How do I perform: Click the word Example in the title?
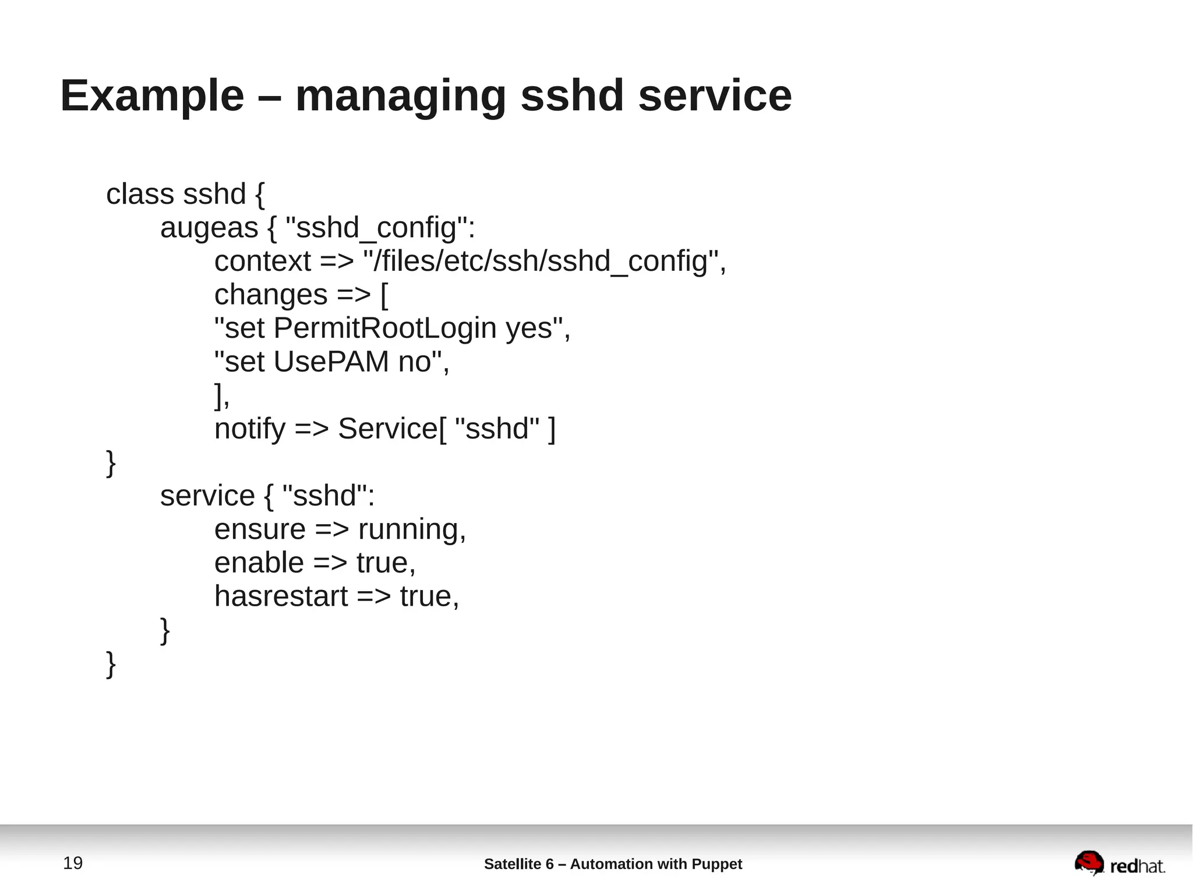pyautogui.click(x=152, y=96)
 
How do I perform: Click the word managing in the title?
pyautogui.click(x=401, y=96)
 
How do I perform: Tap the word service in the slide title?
pyautogui.click(x=715, y=96)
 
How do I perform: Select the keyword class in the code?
pyautogui.click(x=140, y=194)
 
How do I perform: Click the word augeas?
pyautogui.click(x=209, y=228)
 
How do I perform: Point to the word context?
pyautogui.click(x=262, y=261)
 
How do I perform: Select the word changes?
pyautogui.click(x=271, y=295)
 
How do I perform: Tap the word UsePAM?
pyautogui.click(x=331, y=362)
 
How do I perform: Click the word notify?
pyautogui.click(x=250, y=429)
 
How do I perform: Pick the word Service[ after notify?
pyautogui.click(x=392, y=429)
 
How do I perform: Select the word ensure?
pyautogui.click(x=260, y=529)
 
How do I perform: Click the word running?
pyautogui.click(x=412, y=529)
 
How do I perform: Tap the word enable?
pyautogui.click(x=259, y=563)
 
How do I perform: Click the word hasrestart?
pyautogui.click(x=281, y=596)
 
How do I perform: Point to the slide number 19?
pyautogui.click(x=73, y=863)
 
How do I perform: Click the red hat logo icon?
pyautogui.click(x=1089, y=863)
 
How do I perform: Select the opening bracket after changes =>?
pyautogui.click(x=384, y=295)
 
